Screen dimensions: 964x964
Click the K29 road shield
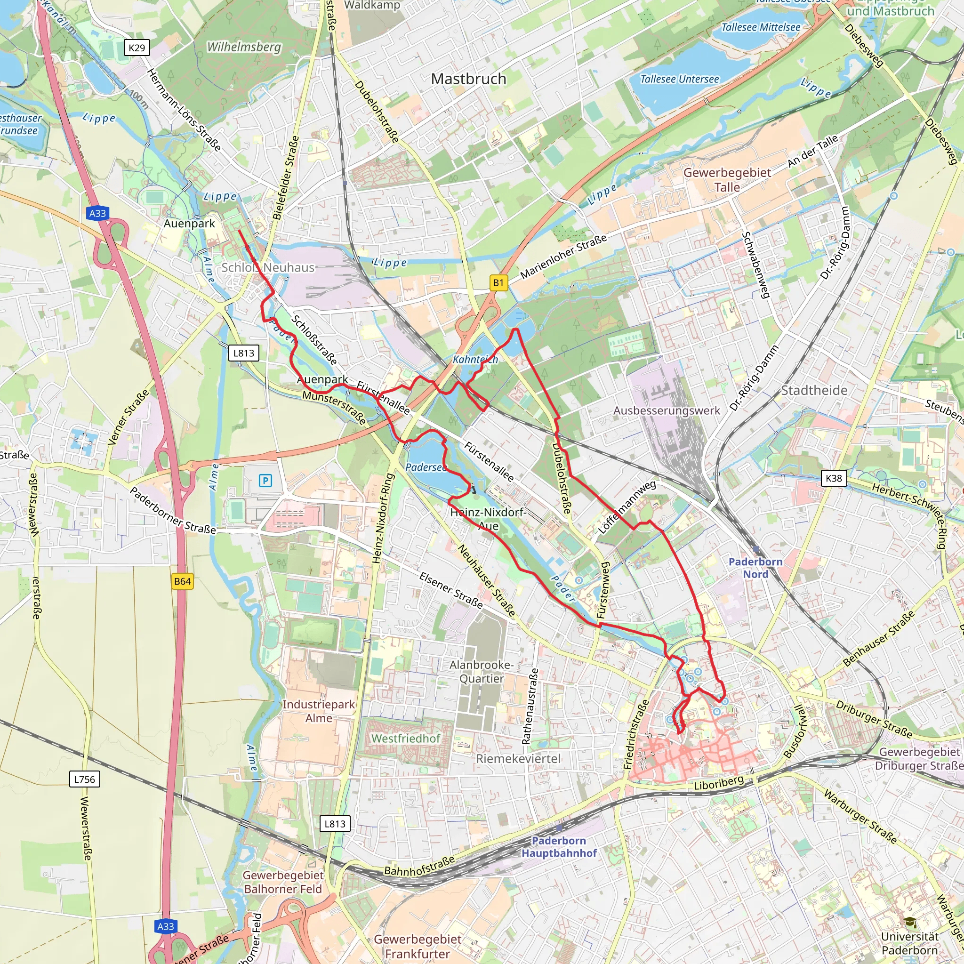(x=137, y=48)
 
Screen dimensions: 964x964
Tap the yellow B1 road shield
(x=498, y=283)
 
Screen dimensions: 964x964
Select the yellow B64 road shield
(x=182, y=581)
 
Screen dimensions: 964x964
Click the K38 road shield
(x=834, y=479)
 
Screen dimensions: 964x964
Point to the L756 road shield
(x=84, y=779)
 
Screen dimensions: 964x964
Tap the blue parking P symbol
(x=265, y=481)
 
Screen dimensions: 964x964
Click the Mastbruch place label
(x=468, y=79)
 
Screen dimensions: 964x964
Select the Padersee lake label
(x=425, y=467)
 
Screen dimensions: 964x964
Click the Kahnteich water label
(x=475, y=359)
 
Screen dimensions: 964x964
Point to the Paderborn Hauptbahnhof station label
(x=559, y=847)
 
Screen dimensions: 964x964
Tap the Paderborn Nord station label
(x=755, y=568)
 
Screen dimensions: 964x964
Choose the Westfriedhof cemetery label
(x=406, y=739)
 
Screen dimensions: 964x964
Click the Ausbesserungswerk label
(x=667, y=410)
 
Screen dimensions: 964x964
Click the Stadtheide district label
(x=814, y=390)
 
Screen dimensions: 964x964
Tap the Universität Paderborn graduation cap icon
(x=909, y=922)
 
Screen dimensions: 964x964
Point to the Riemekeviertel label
(x=518, y=759)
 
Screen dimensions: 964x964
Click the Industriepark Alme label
(x=319, y=711)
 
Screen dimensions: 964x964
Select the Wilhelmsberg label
(x=244, y=48)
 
